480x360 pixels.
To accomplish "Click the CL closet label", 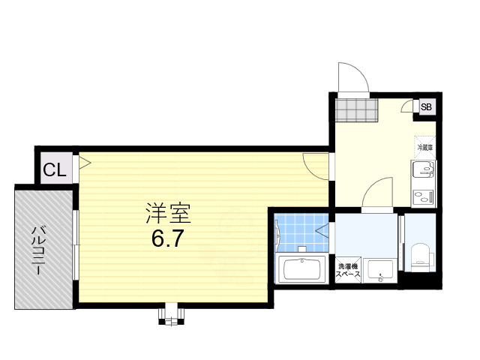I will [55, 170].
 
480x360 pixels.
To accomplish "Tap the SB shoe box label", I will [426, 106].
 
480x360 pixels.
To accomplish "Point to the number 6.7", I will [168, 239].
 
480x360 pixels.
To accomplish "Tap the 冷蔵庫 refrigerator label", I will [424, 148].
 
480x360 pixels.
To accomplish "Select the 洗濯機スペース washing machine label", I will [347, 271].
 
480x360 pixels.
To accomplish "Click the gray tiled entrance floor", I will [355, 110].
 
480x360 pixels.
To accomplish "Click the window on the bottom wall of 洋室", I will [170, 313].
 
